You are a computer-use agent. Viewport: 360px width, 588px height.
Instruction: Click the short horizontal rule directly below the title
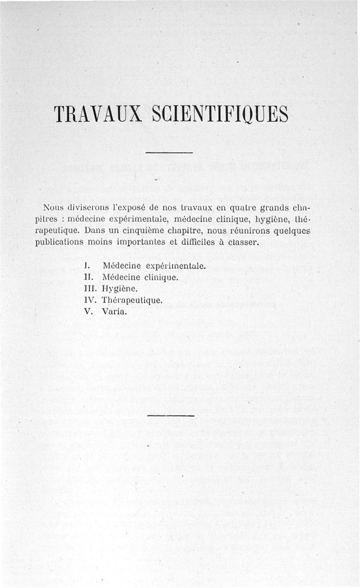[170, 153]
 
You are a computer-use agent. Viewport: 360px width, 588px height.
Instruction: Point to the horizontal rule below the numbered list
[171, 415]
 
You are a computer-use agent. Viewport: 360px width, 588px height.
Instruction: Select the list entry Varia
[116, 311]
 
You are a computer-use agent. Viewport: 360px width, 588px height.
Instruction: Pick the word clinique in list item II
[163, 277]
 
